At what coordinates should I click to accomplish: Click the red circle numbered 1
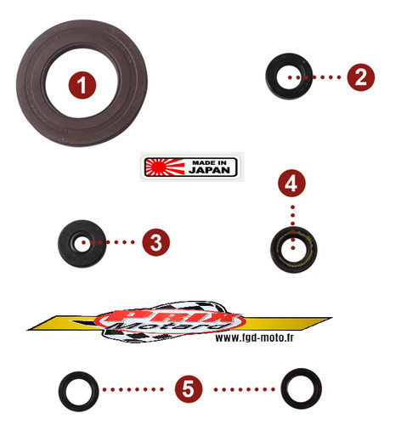tap(82, 85)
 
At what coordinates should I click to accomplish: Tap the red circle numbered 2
tap(360, 77)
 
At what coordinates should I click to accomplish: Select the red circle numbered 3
tap(155, 242)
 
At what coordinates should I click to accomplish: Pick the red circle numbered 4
tap(291, 184)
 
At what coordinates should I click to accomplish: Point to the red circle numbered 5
tap(189, 388)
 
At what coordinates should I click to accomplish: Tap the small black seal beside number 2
tap(271, 76)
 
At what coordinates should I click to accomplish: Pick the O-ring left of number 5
tap(62, 391)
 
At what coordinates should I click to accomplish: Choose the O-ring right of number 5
tap(285, 388)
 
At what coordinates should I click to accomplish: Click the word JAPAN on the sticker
tap(209, 170)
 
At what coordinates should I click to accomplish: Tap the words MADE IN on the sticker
tap(209, 162)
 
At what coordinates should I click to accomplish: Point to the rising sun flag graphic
tap(164, 167)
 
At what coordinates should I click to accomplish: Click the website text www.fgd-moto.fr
tap(254, 337)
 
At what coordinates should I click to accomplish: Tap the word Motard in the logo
tap(168, 326)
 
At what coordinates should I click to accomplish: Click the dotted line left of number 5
tap(133, 389)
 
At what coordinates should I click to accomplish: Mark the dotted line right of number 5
tap(244, 389)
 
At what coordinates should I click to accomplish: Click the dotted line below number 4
tap(293, 228)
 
